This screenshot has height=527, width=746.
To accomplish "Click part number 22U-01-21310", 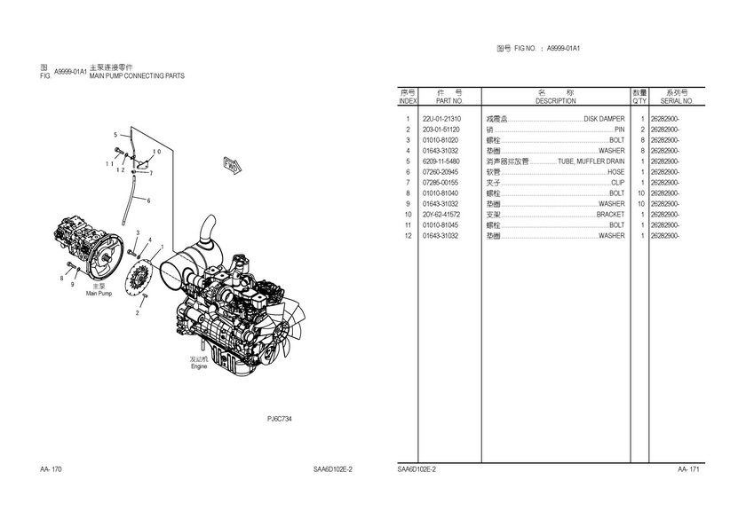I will tap(441, 119).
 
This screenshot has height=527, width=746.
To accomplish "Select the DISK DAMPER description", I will tap(604, 119).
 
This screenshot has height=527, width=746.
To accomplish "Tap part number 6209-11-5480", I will tap(441, 161).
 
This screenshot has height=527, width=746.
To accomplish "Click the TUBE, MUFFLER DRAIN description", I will tap(591, 161).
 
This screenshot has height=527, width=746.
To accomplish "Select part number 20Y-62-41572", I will tap(441, 215).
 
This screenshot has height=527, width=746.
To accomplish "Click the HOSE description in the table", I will tap(615, 172).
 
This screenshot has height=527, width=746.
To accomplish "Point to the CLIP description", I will tap(617, 183).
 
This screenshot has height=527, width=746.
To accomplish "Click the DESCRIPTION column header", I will tap(556, 101).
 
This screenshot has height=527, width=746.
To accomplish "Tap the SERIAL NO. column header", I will tap(671, 101).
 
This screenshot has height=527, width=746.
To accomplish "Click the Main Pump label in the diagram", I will tap(99, 293).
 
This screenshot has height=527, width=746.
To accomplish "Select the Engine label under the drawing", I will tap(199, 366).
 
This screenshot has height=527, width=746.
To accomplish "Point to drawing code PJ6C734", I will tap(280, 418).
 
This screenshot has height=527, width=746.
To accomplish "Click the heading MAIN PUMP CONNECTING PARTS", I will tap(137, 77).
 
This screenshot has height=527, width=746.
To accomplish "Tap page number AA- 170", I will tap(51, 468).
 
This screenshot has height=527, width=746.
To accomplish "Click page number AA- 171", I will tap(689, 468).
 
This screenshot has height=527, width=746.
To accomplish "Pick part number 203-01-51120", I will tap(441, 130).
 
